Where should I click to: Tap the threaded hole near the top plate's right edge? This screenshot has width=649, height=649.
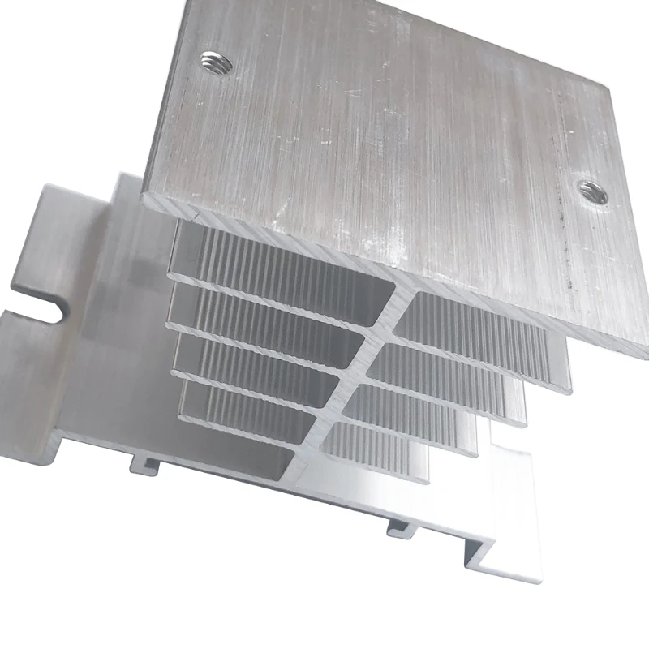coord(591,192)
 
